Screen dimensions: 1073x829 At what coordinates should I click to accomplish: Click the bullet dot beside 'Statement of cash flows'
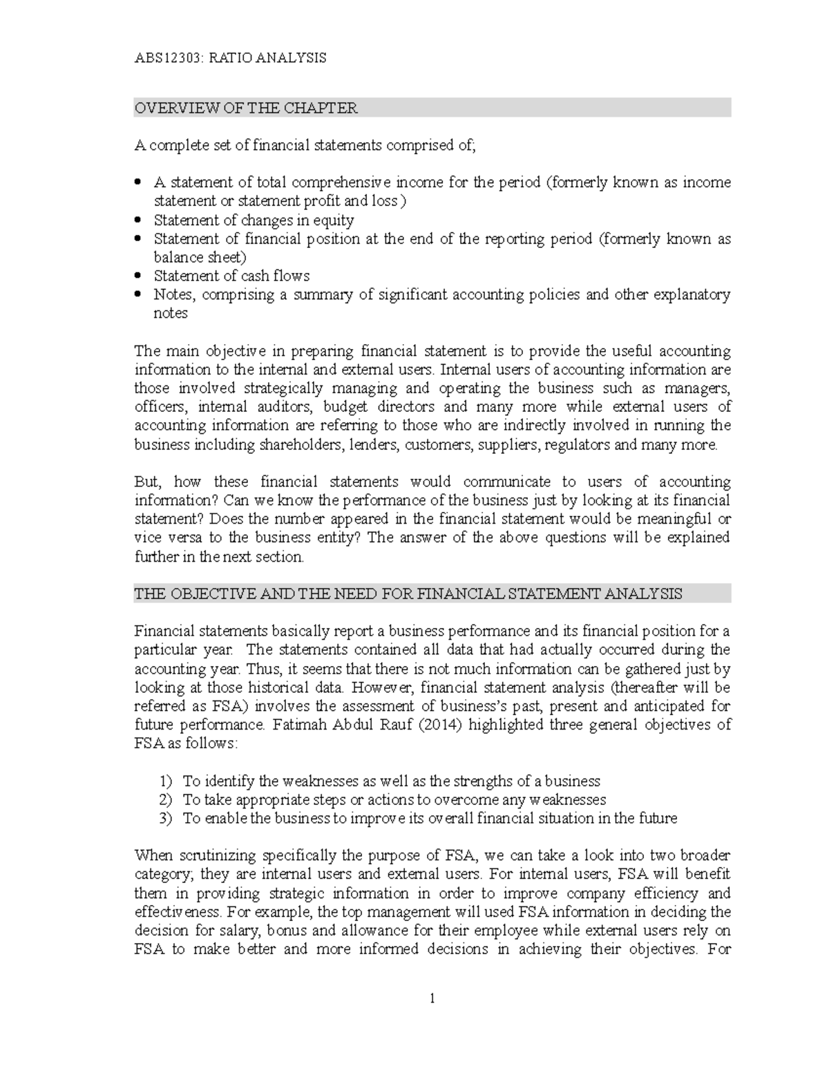click(x=138, y=276)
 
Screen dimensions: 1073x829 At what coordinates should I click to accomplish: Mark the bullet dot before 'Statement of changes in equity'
click(x=138, y=220)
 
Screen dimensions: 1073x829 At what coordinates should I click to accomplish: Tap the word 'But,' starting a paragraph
click(x=147, y=482)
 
